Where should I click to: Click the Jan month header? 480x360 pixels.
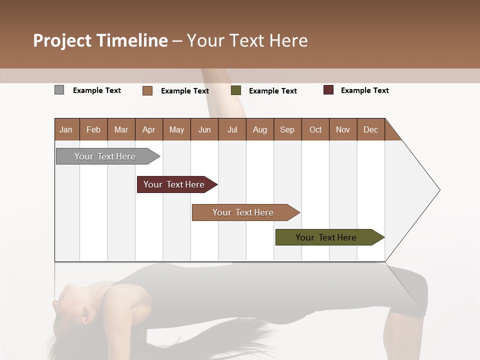(66, 129)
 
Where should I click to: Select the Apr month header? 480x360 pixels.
(148, 129)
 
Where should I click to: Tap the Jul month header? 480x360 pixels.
(232, 129)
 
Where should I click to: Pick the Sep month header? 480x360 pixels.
(287, 129)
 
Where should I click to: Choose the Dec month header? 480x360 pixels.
(370, 129)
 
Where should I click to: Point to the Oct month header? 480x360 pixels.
(315, 129)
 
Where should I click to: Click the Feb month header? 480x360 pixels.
(93, 129)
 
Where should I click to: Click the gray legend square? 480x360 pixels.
(59, 90)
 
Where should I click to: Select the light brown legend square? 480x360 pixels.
(147, 90)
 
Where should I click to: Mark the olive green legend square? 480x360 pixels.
(236, 90)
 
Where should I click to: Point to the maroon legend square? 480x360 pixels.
(328, 90)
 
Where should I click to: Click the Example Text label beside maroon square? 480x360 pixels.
(364, 90)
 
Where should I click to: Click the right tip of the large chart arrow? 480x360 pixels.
(439, 190)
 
